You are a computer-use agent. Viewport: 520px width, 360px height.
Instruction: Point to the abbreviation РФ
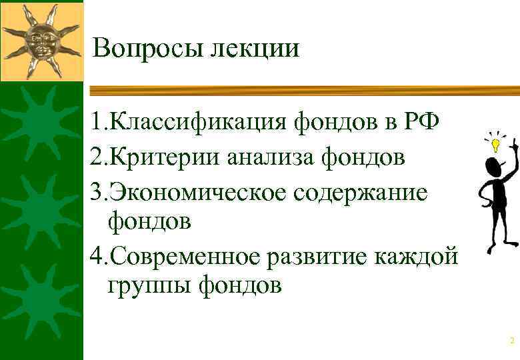[x=421, y=122]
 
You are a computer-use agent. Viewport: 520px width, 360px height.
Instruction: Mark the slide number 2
[x=512, y=341]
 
